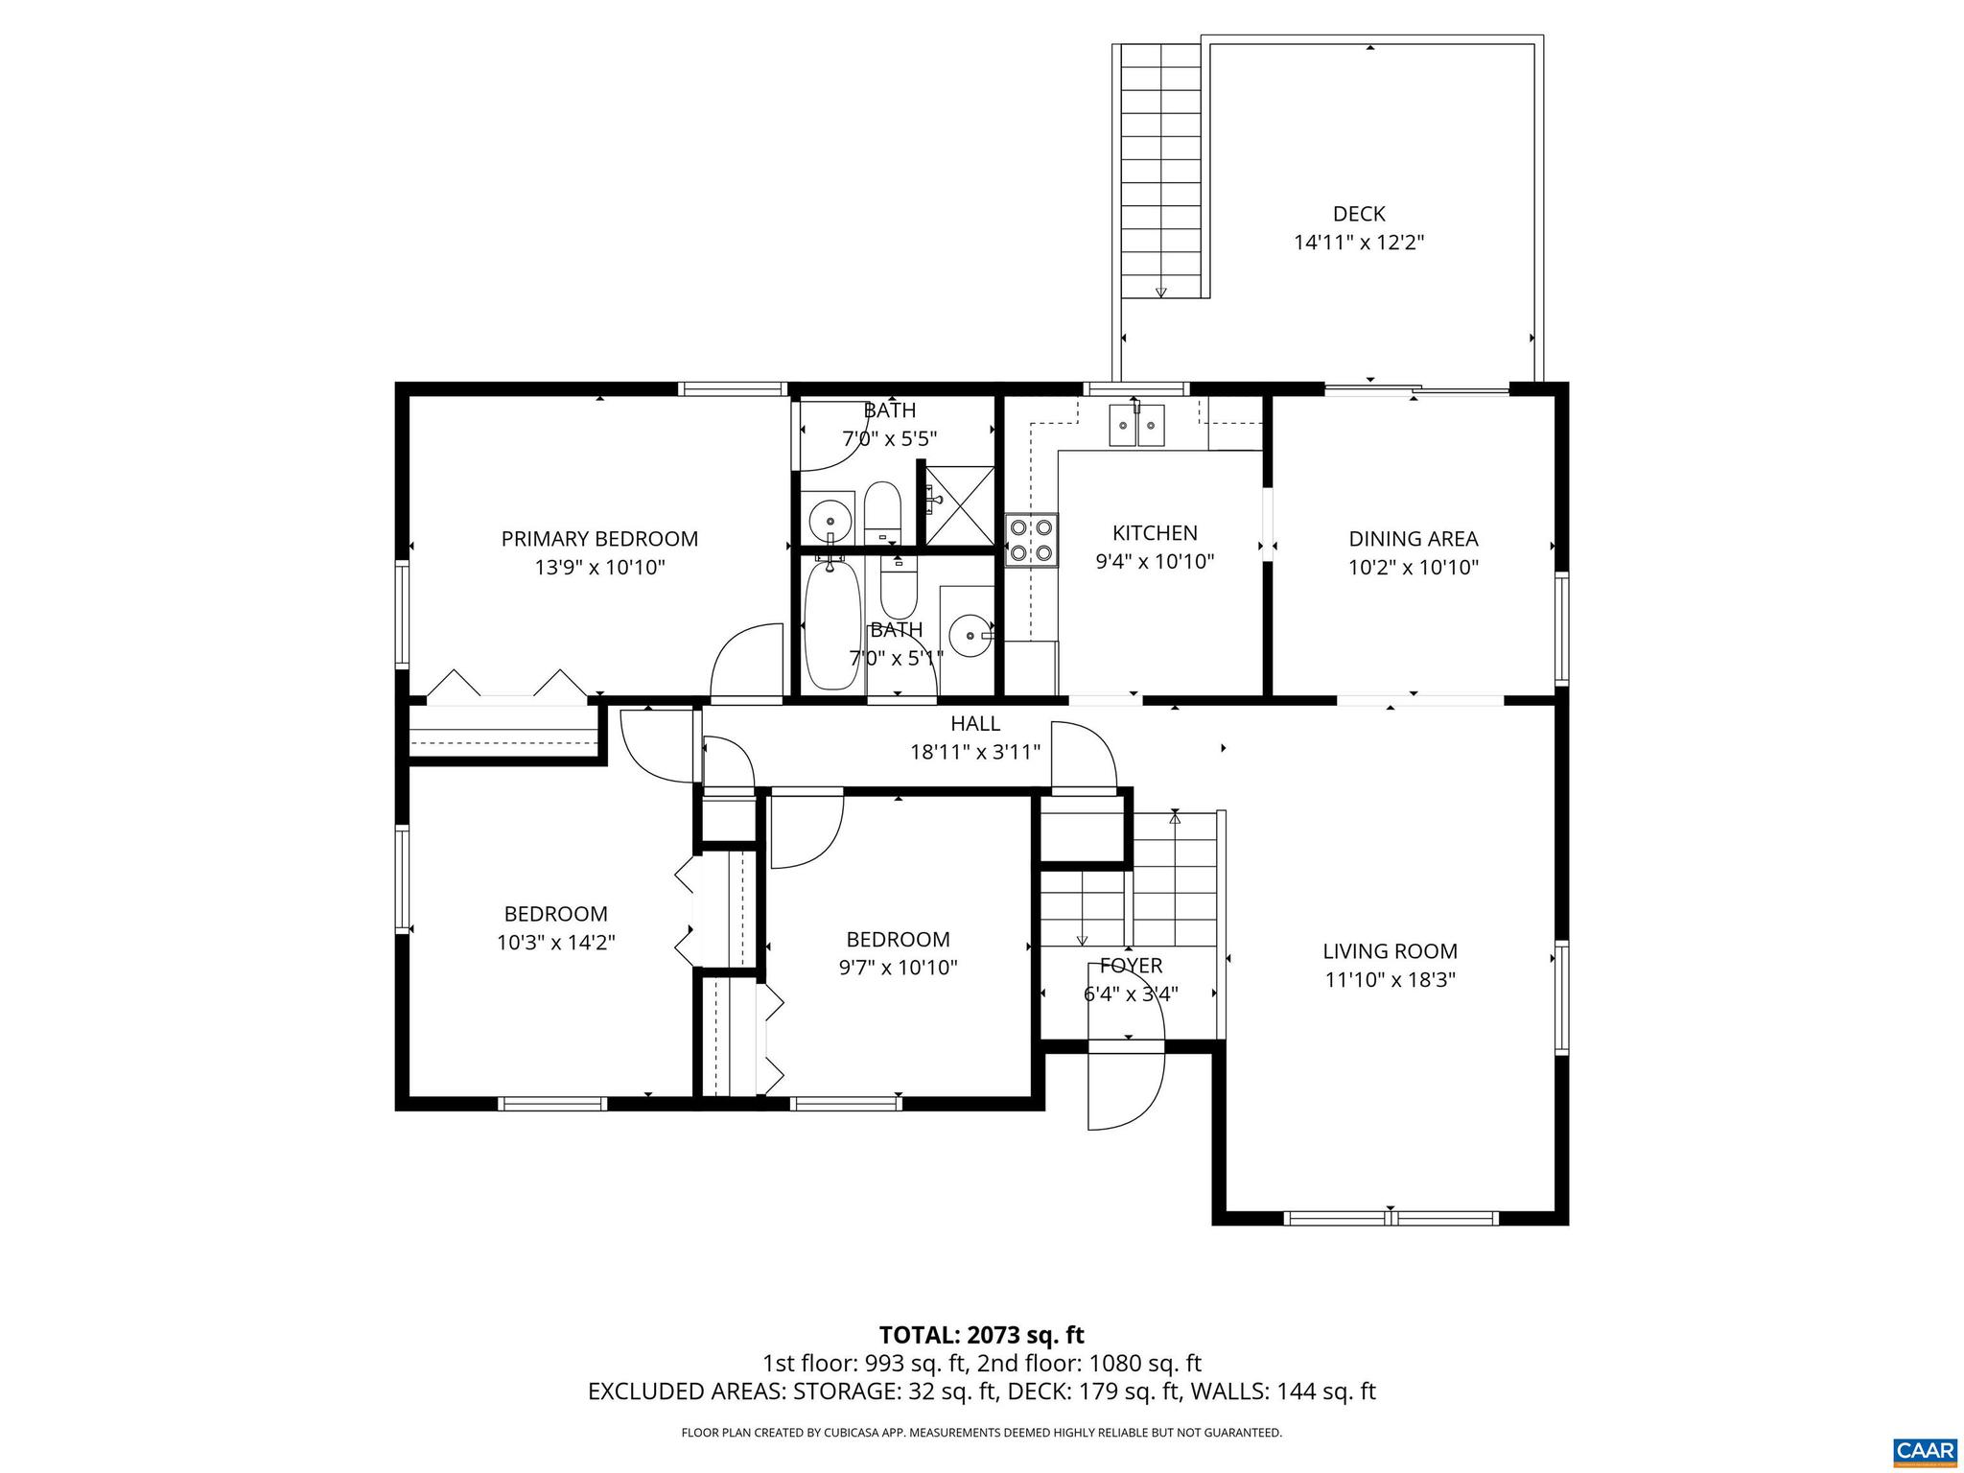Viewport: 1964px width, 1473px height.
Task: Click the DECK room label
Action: [x=1359, y=214]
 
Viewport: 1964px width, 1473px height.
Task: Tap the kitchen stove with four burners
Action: [x=1032, y=540]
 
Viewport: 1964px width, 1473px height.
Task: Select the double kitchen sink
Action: [x=1136, y=425]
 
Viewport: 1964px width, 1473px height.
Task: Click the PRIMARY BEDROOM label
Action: [x=599, y=539]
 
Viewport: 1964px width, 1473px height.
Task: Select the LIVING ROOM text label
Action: [x=1390, y=951]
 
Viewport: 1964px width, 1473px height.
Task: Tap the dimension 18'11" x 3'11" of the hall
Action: [x=975, y=752]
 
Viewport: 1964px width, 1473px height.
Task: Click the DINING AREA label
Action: [x=1414, y=539]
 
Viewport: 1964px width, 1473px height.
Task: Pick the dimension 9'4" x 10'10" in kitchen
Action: [x=1155, y=562]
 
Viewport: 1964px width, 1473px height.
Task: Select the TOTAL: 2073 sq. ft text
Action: [x=981, y=1335]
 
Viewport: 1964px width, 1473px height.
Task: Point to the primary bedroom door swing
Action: [x=747, y=661]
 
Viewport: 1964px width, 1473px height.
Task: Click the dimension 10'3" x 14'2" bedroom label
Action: [x=556, y=943]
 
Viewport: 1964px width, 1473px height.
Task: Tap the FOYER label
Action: [x=1131, y=966]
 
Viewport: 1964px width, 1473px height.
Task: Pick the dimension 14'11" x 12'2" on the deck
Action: [x=1359, y=243]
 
